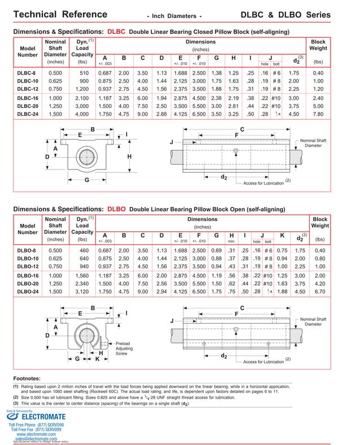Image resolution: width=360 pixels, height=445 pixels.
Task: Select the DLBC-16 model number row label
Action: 28,98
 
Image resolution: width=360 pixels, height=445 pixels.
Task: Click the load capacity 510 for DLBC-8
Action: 84,73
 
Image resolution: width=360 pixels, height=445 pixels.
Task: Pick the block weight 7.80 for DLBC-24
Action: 318,114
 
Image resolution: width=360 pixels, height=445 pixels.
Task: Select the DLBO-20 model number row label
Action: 28,284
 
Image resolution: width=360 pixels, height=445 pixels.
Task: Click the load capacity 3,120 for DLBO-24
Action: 82,292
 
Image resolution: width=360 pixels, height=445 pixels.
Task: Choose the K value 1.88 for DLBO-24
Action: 282,292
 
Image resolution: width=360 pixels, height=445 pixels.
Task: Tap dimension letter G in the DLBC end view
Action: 87,180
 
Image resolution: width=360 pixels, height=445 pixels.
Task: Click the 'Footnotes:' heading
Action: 27,378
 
